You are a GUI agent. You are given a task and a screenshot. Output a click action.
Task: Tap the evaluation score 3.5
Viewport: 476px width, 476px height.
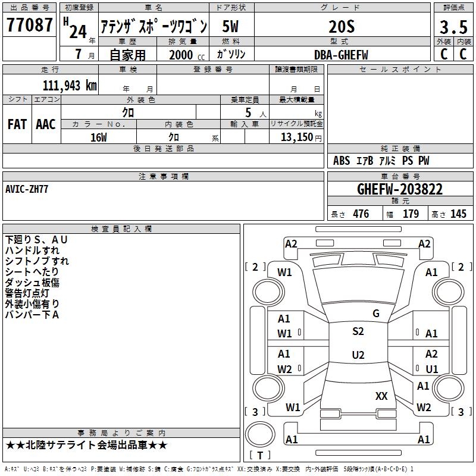point(453,27)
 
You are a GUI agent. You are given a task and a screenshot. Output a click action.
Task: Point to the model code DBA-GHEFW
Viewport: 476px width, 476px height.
point(341,54)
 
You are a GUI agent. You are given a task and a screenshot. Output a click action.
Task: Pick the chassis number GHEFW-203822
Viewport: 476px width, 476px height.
point(400,189)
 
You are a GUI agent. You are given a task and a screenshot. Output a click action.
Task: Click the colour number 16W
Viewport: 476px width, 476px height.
point(99,137)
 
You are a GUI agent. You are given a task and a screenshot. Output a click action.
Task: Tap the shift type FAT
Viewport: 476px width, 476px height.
point(17,124)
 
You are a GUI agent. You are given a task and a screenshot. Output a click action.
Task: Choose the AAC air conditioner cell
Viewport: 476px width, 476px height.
point(45,124)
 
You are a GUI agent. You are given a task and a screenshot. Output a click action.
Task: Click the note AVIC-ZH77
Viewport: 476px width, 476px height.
point(27,189)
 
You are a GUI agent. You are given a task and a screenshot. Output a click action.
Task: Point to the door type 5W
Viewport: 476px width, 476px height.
point(231,27)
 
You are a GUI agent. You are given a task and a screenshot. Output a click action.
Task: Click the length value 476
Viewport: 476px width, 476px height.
point(361,214)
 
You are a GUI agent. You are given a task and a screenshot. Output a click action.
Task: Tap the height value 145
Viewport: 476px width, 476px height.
point(458,214)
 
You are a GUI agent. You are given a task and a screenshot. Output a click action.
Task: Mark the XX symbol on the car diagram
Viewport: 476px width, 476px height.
point(381,396)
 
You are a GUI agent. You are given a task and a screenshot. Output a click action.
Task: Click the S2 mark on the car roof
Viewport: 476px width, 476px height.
point(358,331)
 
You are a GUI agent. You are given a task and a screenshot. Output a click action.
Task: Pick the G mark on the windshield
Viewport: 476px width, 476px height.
point(375,313)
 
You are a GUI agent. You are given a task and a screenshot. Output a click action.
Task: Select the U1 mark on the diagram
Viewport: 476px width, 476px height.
point(431,369)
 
